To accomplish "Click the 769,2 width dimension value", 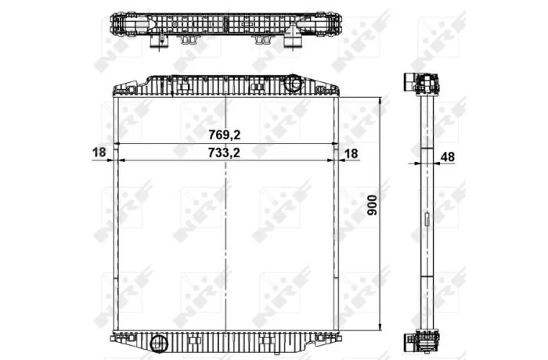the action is (x=225, y=135).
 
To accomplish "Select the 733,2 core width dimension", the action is (x=224, y=153).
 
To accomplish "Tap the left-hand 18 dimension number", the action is (x=99, y=152).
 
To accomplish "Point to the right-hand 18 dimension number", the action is (x=352, y=153).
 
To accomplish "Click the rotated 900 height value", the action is (x=373, y=205).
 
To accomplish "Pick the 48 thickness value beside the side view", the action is (x=448, y=157).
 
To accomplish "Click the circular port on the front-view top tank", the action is (x=293, y=83).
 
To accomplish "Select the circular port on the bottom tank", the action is (x=159, y=344).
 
